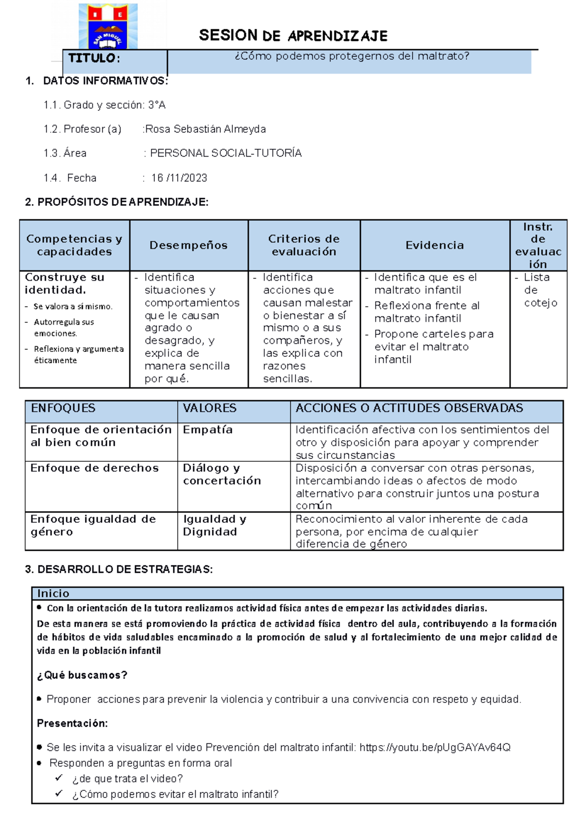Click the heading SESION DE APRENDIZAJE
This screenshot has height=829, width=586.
point(293,36)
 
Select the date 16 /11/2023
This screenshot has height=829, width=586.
point(179,178)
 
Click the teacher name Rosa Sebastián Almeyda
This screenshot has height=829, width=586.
point(205,129)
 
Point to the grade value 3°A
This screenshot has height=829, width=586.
point(157,105)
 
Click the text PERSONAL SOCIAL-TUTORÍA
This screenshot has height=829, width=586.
point(226,153)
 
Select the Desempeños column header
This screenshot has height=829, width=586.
point(188,246)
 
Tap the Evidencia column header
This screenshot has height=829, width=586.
point(435,246)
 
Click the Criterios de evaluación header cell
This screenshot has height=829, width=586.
point(304,246)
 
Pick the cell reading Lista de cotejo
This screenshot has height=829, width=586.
point(539,290)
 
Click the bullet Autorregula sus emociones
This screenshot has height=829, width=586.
point(63,328)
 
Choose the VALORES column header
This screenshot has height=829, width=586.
point(209,408)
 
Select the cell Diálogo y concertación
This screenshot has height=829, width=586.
point(222,475)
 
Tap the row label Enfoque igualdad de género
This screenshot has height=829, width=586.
point(93,526)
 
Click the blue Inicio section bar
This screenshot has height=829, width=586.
point(297,594)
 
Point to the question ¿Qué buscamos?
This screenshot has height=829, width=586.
point(82,675)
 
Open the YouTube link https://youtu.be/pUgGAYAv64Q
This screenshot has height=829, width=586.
point(435,747)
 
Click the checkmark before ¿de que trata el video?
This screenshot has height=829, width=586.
point(59,778)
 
